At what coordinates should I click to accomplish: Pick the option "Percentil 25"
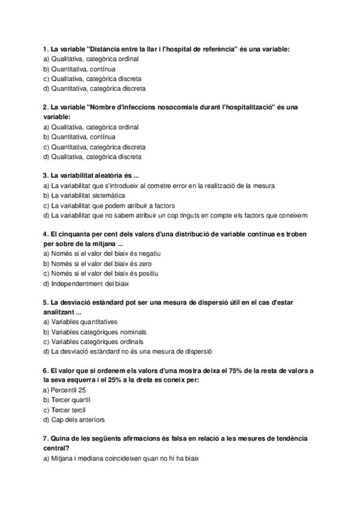(x=68, y=390)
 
